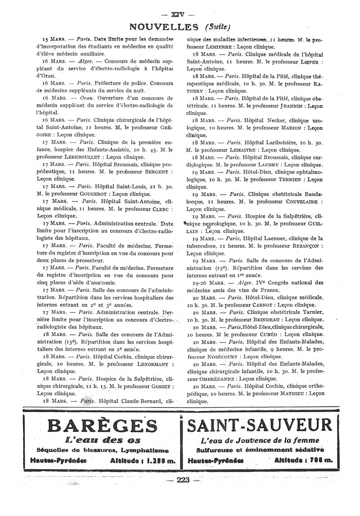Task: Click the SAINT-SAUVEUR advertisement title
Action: tap(260, 425)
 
